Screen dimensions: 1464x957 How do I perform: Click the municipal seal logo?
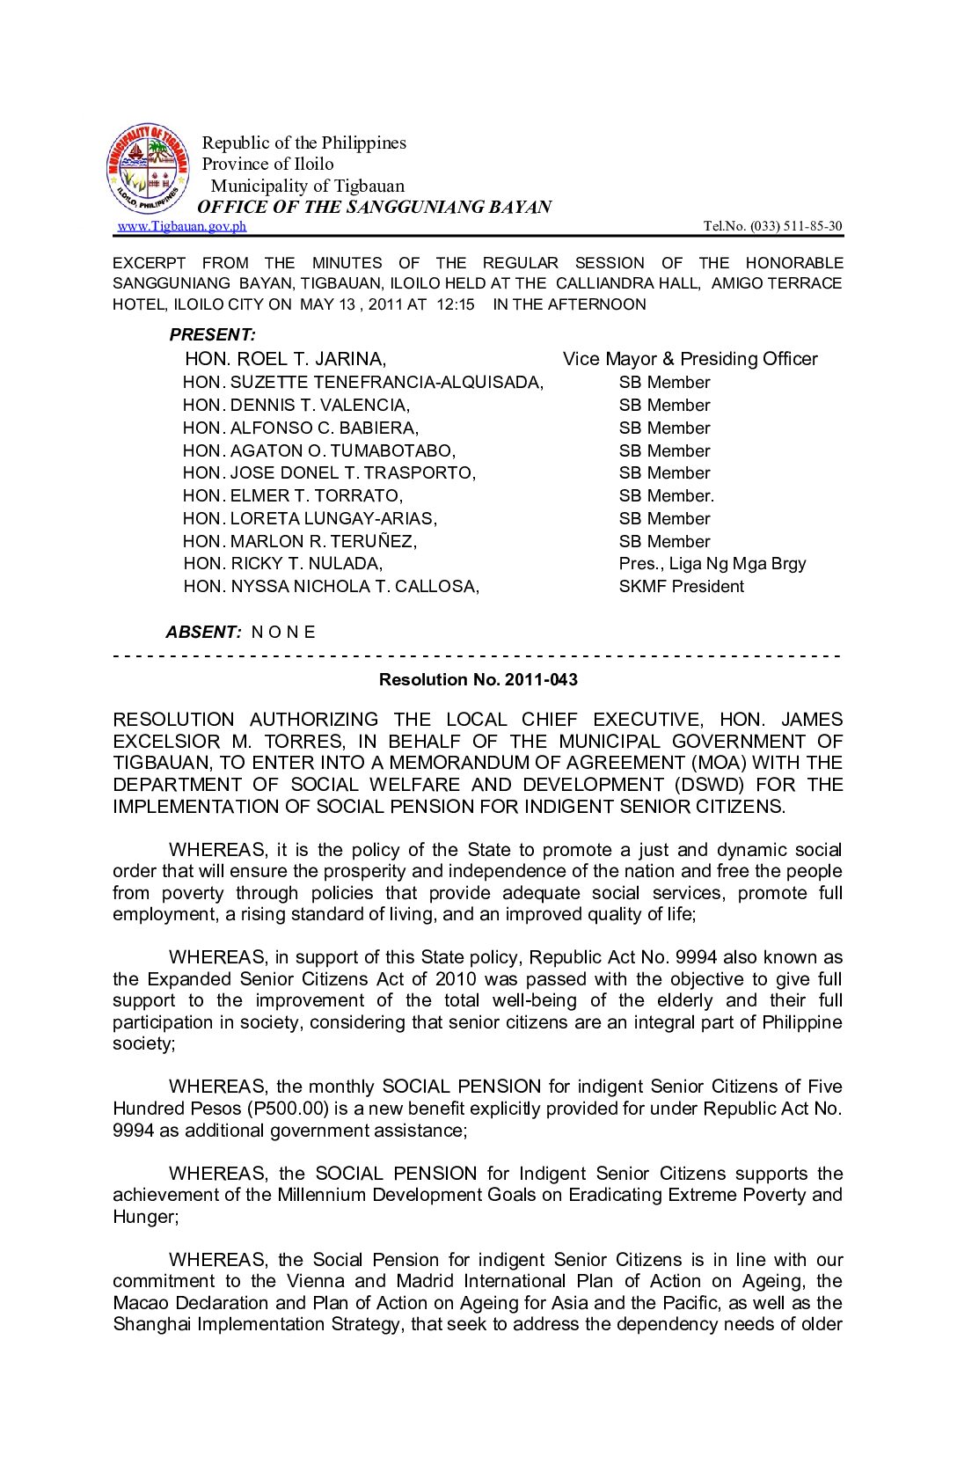(148, 168)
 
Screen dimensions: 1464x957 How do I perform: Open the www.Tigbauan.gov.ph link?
(182, 226)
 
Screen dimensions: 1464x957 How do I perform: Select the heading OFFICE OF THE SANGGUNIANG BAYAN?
(375, 207)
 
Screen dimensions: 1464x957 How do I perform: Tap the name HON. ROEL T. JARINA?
(285, 359)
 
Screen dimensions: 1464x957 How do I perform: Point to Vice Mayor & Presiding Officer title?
(690, 359)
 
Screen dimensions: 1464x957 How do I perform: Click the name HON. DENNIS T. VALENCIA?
(296, 406)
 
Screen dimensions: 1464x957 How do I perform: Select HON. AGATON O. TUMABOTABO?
(319, 451)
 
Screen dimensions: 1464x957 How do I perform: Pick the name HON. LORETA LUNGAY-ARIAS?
(310, 519)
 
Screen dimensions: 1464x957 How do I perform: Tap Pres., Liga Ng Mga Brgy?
(712, 564)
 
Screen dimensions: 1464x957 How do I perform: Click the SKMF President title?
(681, 587)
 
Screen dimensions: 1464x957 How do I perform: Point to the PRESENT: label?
(213, 335)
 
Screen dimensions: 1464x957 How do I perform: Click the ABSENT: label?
(203, 633)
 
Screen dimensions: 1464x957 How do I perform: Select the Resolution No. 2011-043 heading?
(478, 680)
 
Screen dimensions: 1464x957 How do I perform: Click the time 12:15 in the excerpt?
(456, 304)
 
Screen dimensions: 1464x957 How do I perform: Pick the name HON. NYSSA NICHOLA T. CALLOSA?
(332, 587)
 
